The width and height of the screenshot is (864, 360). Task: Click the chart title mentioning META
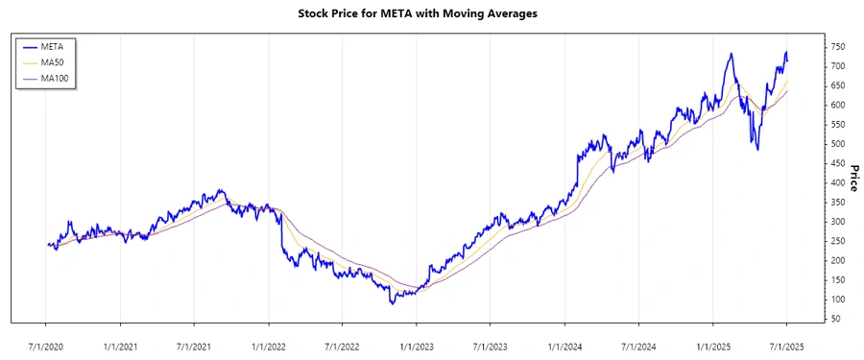click(x=431, y=14)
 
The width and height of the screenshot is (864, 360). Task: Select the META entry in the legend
click(x=53, y=45)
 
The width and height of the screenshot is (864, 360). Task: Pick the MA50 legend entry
click(x=54, y=61)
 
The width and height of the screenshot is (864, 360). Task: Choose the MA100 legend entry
click(x=56, y=78)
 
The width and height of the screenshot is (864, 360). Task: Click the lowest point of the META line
click(x=392, y=303)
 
